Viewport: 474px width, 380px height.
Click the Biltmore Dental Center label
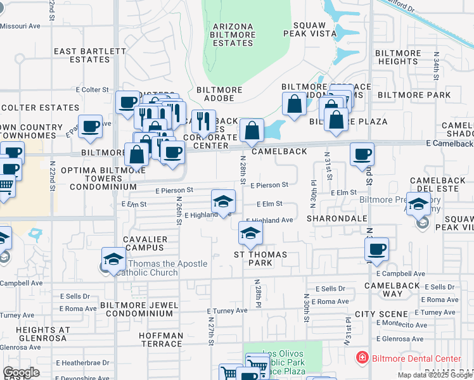[416, 358]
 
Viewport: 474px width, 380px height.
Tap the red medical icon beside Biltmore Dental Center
[362, 358]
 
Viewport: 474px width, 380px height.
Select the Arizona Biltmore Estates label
[233, 35]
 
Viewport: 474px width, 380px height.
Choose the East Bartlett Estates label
[82, 55]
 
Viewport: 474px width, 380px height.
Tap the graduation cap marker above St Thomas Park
[251, 234]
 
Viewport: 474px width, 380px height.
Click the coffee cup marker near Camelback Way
[377, 249]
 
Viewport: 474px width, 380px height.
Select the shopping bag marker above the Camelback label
[252, 130]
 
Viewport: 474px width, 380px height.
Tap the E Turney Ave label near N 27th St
[227, 311]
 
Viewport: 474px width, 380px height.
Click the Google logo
[21, 372]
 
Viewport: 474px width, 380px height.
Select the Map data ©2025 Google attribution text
[433, 375]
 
